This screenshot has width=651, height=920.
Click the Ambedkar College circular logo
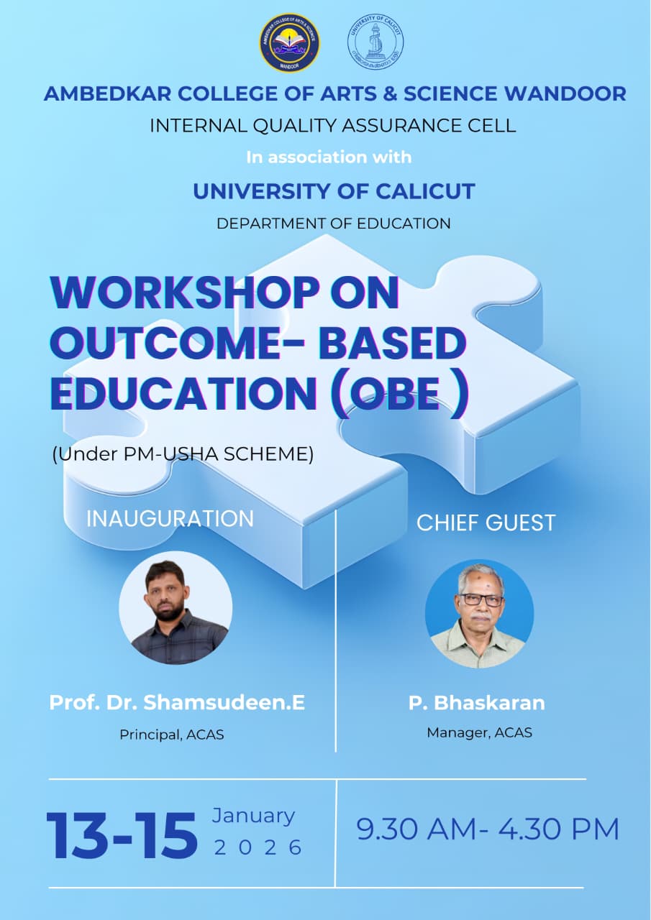coord(289,42)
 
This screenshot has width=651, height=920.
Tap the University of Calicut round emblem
coord(375,42)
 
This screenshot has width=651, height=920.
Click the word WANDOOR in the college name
coord(565,93)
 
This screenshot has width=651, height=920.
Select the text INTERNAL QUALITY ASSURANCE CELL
coord(333,126)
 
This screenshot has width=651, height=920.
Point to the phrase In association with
coord(329,157)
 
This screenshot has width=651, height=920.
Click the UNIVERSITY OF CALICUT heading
coord(334,191)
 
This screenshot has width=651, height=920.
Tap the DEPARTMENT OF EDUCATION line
coord(333,224)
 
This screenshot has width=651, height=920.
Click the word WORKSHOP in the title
coord(185,293)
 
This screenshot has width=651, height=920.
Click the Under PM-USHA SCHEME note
coord(183,454)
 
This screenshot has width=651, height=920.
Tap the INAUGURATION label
coord(170,518)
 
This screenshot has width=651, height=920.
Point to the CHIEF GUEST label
coord(486,523)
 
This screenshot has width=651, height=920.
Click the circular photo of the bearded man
coord(176,608)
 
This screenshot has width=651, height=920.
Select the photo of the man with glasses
coord(479,614)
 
